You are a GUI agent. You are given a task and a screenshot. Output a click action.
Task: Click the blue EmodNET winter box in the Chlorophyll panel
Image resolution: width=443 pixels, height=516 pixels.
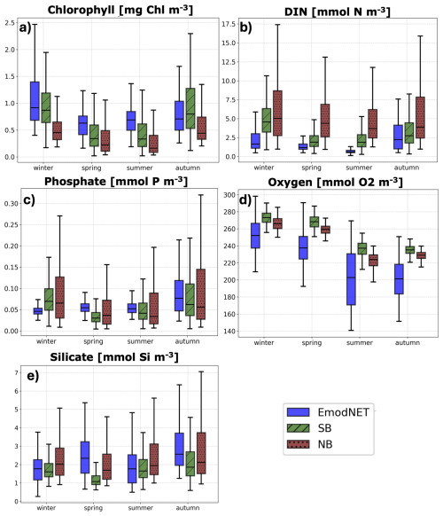tap(35, 101)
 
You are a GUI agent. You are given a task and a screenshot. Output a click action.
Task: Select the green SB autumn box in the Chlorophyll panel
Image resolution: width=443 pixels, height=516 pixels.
tap(190, 108)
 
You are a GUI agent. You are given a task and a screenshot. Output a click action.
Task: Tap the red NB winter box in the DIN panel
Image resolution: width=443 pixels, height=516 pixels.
tap(277, 113)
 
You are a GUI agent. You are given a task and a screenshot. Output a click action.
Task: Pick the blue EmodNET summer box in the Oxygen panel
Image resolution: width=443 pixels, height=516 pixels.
tap(351, 279)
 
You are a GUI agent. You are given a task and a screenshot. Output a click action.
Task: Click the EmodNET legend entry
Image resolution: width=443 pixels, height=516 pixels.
tap(328, 412)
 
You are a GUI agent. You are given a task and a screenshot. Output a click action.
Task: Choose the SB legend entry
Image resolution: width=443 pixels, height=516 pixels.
tap(309, 428)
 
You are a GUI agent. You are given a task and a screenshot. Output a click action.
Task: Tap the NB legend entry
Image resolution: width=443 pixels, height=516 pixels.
tap(310, 444)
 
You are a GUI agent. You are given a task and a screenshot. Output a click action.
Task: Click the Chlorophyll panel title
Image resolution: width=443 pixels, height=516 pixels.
tap(120, 9)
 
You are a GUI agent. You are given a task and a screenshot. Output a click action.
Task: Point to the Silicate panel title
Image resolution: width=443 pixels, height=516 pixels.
tap(114, 357)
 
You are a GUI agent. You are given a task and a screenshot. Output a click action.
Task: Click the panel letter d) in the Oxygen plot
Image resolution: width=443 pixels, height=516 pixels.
tap(245, 199)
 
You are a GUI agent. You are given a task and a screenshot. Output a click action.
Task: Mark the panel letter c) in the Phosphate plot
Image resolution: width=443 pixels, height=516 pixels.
tap(29, 199)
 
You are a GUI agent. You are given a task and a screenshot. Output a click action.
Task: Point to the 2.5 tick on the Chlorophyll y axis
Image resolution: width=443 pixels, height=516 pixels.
tap(10, 23)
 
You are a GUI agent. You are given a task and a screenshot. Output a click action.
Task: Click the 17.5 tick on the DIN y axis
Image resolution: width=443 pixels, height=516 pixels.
tap(229, 24)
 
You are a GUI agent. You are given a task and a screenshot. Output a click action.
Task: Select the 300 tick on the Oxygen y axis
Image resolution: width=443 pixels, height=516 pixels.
tap(229, 195)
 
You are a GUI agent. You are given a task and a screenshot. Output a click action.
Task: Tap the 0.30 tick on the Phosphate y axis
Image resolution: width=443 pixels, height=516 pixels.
tap(12, 204)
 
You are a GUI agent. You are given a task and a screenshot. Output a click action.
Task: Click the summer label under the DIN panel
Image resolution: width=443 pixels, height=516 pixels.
tap(359, 168)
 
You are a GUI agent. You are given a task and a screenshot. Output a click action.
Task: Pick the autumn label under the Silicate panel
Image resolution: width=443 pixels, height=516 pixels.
tap(188, 508)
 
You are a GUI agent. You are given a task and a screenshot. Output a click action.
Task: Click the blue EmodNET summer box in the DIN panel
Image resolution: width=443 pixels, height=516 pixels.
tap(350, 152)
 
